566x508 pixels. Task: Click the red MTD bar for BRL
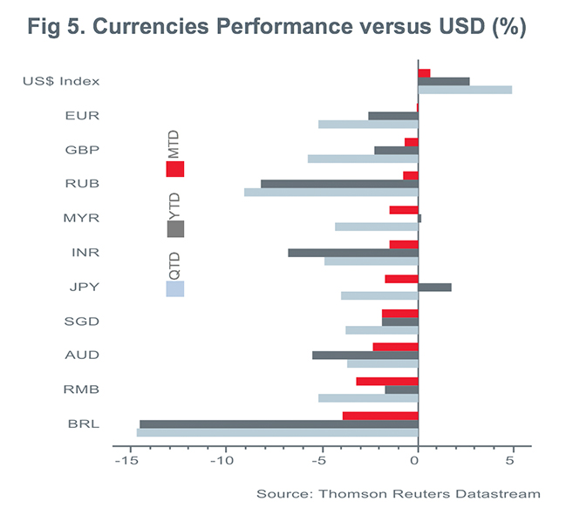(x=380, y=416)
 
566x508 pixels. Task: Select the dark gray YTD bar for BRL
(x=278, y=424)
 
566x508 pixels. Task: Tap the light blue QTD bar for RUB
(x=331, y=192)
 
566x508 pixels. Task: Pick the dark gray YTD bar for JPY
(x=434, y=287)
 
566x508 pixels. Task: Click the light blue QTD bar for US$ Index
(x=465, y=90)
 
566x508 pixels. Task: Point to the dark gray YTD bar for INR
(x=352, y=253)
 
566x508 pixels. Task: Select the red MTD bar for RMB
(x=386, y=381)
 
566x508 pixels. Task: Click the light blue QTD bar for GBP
(x=363, y=159)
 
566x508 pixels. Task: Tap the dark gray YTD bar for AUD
(x=365, y=355)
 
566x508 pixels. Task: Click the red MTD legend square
(x=174, y=169)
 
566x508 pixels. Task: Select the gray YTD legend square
(x=175, y=229)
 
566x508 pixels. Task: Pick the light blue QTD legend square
(x=174, y=288)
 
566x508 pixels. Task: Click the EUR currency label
(x=81, y=115)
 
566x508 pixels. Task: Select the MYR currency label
(x=81, y=218)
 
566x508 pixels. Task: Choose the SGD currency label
(x=81, y=321)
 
